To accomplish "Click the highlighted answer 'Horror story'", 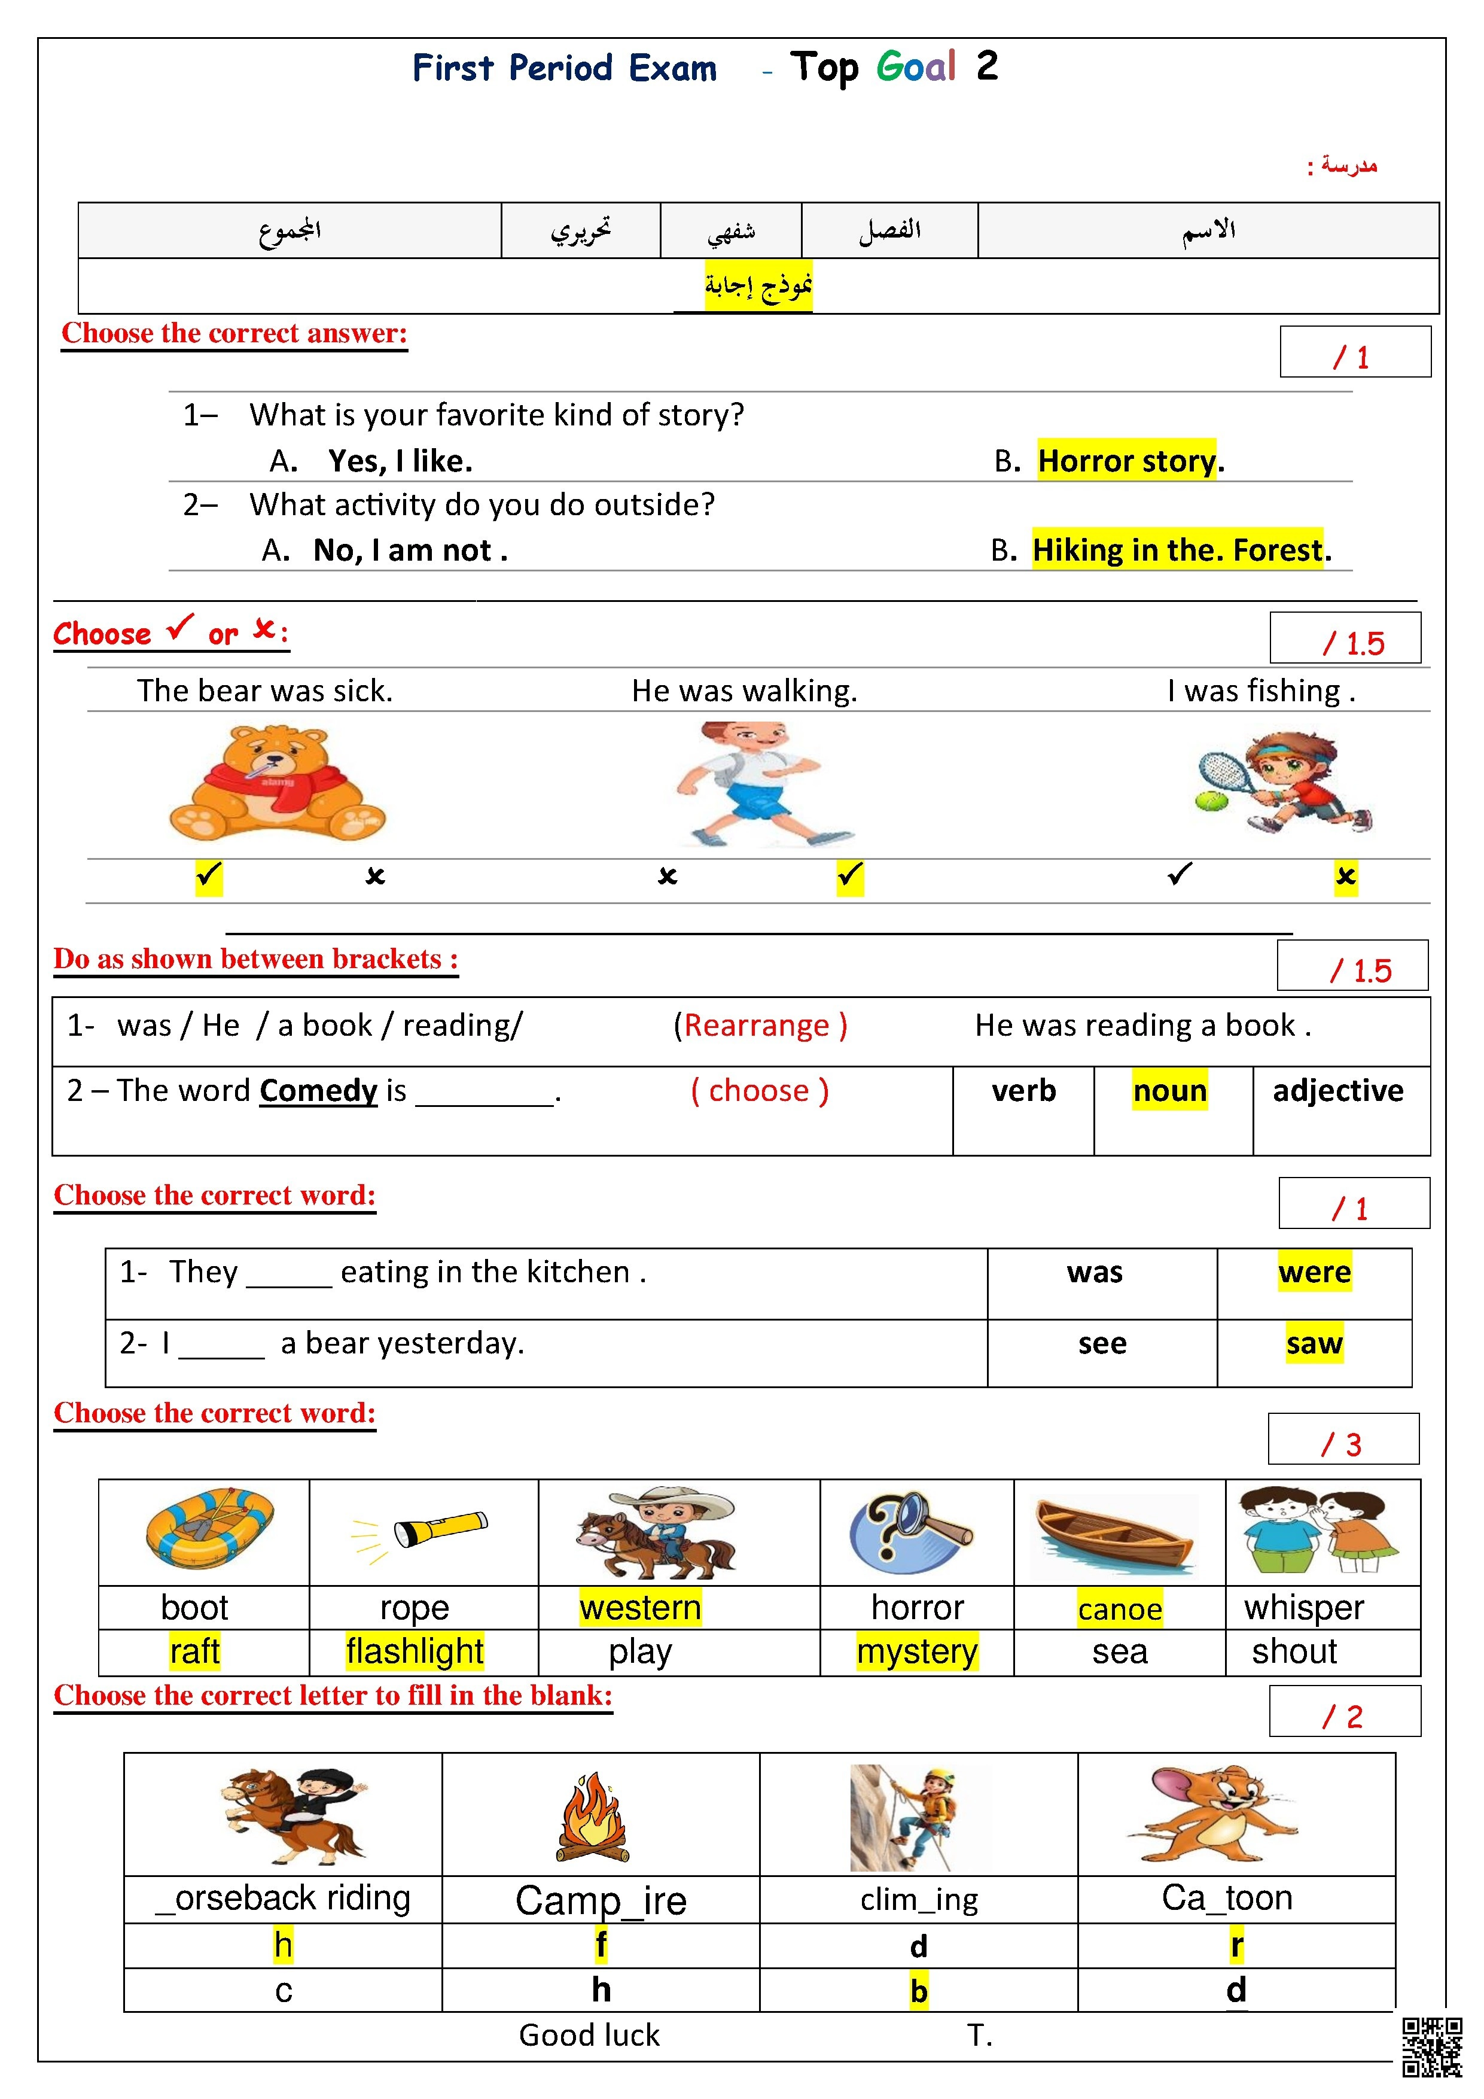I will pyautogui.click(x=1127, y=461).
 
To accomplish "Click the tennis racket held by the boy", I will pyautogui.click(x=1226, y=776).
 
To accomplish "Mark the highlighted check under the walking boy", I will pyautogui.click(x=850, y=876).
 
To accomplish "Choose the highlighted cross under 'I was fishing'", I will pyautogui.click(x=1345, y=876).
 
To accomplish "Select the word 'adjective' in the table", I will pyautogui.click(x=1338, y=1091).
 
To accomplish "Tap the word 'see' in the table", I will pyautogui.click(x=1102, y=1343).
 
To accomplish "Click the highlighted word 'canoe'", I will pyautogui.click(x=1119, y=1609).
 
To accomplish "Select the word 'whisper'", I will pyautogui.click(x=1304, y=1607).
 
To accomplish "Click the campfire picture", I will pyautogui.click(x=593, y=1817).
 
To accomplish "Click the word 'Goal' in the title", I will pyautogui.click(x=916, y=67).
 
